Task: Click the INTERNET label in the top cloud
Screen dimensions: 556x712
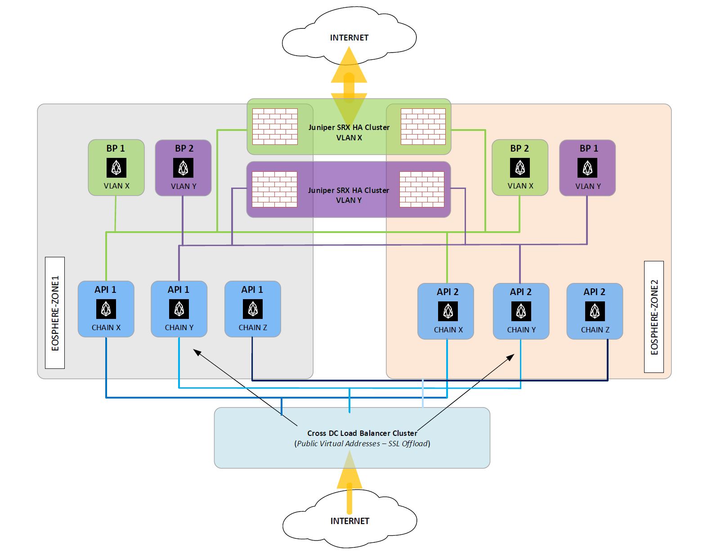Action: pos(349,38)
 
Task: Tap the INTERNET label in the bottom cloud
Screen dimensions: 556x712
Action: pos(349,521)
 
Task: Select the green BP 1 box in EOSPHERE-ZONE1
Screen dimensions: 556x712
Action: pos(116,167)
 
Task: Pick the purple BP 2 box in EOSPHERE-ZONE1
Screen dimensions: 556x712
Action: pos(183,168)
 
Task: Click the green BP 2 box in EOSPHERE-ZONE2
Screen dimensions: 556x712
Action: pos(520,167)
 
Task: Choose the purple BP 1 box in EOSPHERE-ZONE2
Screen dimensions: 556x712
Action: pos(587,168)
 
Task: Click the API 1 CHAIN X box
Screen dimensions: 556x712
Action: pos(106,309)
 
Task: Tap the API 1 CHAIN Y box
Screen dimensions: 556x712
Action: pos(179,309)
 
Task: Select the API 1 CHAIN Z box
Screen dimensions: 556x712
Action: pos(253,309)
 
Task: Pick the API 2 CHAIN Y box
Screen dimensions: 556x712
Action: pos(521,311)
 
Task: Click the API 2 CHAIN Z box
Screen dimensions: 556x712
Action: pos(595,311)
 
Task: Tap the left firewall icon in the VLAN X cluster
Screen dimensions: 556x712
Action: pos(275,126)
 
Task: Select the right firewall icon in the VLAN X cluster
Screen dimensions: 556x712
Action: pos(423,126)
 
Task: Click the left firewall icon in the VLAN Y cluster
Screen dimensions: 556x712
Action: pos(274,189)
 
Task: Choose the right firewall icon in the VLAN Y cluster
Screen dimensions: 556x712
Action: pos(422,189)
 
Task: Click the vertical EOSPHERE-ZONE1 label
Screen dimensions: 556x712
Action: pos(55,313)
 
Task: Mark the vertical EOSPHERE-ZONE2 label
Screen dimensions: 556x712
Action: pos(654,317)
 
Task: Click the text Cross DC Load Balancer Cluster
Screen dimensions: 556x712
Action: pos(362,433)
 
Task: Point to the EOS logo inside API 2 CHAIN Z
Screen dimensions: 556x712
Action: pos(595,311)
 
